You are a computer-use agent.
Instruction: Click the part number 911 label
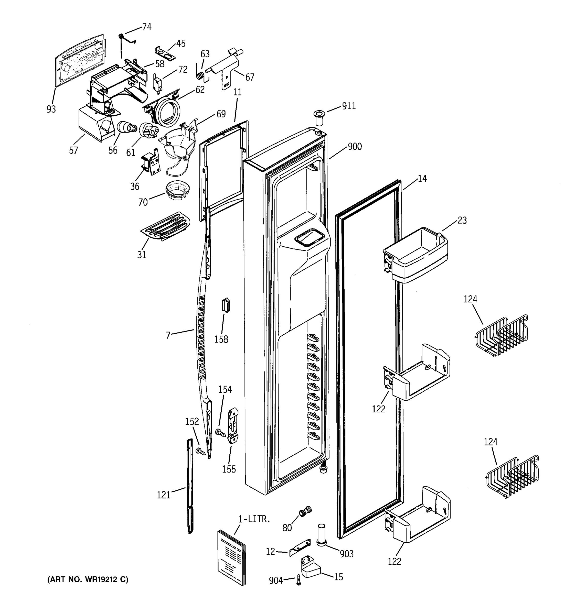349,106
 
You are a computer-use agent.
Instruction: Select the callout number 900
355,146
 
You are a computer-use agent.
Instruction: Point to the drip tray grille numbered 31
166,226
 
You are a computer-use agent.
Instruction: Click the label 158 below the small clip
221,339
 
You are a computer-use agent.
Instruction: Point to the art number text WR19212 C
88,579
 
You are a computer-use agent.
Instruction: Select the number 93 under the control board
51,109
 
